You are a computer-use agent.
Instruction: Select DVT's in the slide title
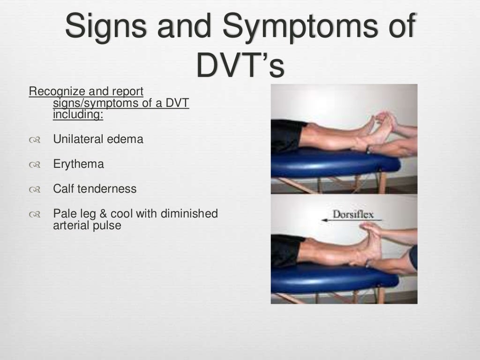click(x=240, y=66)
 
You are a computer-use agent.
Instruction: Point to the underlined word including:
click(x=78, y=114)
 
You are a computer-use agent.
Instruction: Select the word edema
click(x=128, y=139)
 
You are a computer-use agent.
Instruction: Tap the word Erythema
click(x=78, y=164)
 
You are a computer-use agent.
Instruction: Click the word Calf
click(x=62, y=189)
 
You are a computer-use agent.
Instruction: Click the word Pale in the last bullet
click(x=64, y=214)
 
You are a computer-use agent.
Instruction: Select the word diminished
click(x=189, y=214)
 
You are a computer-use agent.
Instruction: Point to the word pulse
click(x=108, y=225)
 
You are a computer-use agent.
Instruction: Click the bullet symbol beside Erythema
click(x=34, y=165)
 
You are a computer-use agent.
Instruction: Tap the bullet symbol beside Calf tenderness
click(x=34, y=190)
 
